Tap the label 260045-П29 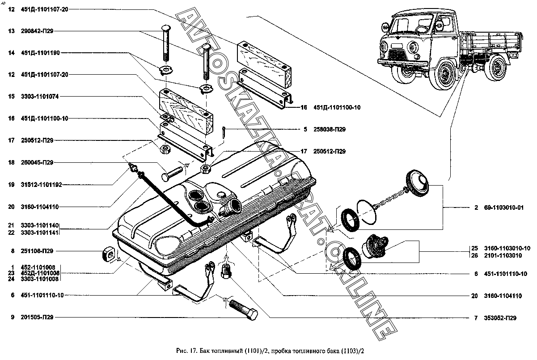(x=37, y=163)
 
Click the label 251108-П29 (x=37, y=251)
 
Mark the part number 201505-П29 (x=37, y=318)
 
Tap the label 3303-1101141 (x=40, y=232)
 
